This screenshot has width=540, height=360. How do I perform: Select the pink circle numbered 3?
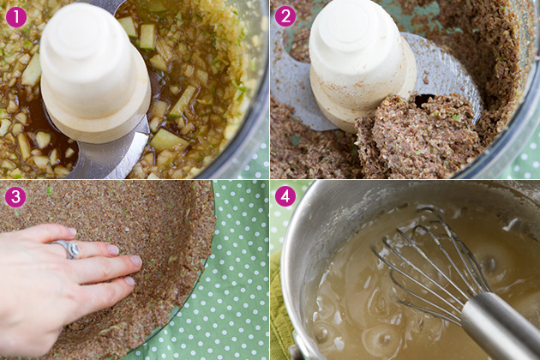coord(15,196)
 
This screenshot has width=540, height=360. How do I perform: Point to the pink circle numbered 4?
coord(285,196)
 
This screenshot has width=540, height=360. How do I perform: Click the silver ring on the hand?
coord(68,248)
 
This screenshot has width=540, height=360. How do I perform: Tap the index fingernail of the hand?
coord(136,261)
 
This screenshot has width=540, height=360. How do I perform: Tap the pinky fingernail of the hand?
coord(72,231)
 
